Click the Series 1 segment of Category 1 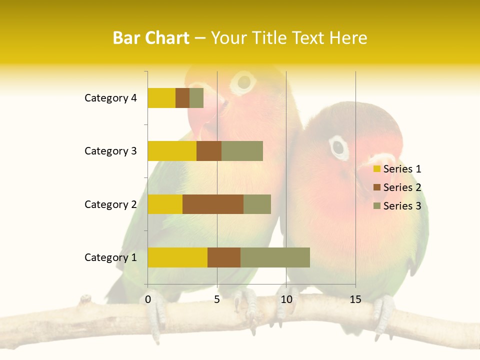(x=177, y=257)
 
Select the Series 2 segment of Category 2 (x=213, y=204)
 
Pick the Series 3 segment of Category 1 (x=275, y=257)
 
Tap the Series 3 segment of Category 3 (x=242, y=151)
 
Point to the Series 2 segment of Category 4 (x=182, y=98)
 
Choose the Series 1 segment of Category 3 (x=172, y=151)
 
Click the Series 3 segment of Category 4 (x=196, y=98)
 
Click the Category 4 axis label (x=110, y=98)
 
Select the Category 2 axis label (x=110, y=204)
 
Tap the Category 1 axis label (x=110, y=257)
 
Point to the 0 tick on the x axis (x=148, y=299)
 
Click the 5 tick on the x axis (x=217, y=299)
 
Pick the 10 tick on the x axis (x=286, y=299)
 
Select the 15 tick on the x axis (x=355, y=299)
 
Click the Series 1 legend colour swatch (x=377, y=169)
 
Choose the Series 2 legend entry (x=397, y=187)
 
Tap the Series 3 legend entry (x=397, y=206)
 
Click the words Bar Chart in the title (x=150, y=38)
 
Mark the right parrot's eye (x=339, y=147)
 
